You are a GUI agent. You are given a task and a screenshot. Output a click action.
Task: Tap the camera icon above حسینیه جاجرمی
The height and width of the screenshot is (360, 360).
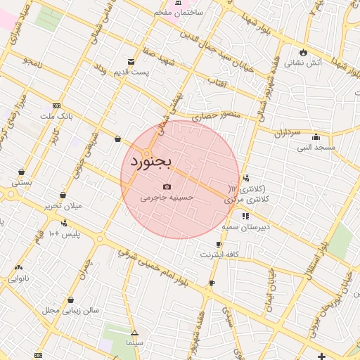pos(167,187)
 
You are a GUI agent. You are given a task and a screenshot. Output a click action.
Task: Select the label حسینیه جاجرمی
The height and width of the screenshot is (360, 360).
pos(167,198)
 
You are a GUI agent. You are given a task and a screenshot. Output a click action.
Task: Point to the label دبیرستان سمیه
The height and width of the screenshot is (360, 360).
pos(246,227)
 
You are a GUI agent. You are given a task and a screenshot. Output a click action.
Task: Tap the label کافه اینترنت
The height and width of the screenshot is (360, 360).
pos(219,254)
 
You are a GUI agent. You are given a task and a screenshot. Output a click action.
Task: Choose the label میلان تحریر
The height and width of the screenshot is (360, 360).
pos(63,205)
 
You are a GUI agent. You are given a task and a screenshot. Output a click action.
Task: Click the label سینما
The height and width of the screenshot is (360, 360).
pos(134,342)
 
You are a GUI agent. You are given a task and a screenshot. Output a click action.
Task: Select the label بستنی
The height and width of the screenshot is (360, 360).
pos(21,181)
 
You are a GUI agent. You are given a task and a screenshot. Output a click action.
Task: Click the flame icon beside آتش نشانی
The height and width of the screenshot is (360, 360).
pos(303,52)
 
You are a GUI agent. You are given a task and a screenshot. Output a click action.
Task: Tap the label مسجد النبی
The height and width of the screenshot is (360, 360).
pos(316,147)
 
